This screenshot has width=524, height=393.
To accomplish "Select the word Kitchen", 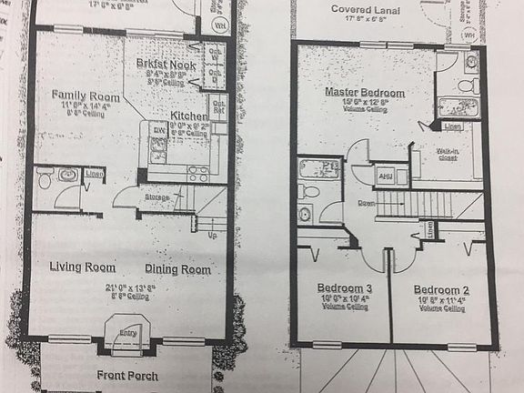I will point(189,116).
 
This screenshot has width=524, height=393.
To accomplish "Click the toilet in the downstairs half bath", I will point(45,179).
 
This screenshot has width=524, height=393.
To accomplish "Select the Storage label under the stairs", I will point(157,197).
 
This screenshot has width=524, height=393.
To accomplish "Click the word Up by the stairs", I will point(212,235).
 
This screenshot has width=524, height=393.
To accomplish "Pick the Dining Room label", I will point(177,269).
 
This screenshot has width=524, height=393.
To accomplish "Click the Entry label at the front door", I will point(127,334).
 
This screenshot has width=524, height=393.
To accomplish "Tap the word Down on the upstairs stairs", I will point(367,202).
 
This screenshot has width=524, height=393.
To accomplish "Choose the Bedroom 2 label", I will point(443,287).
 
